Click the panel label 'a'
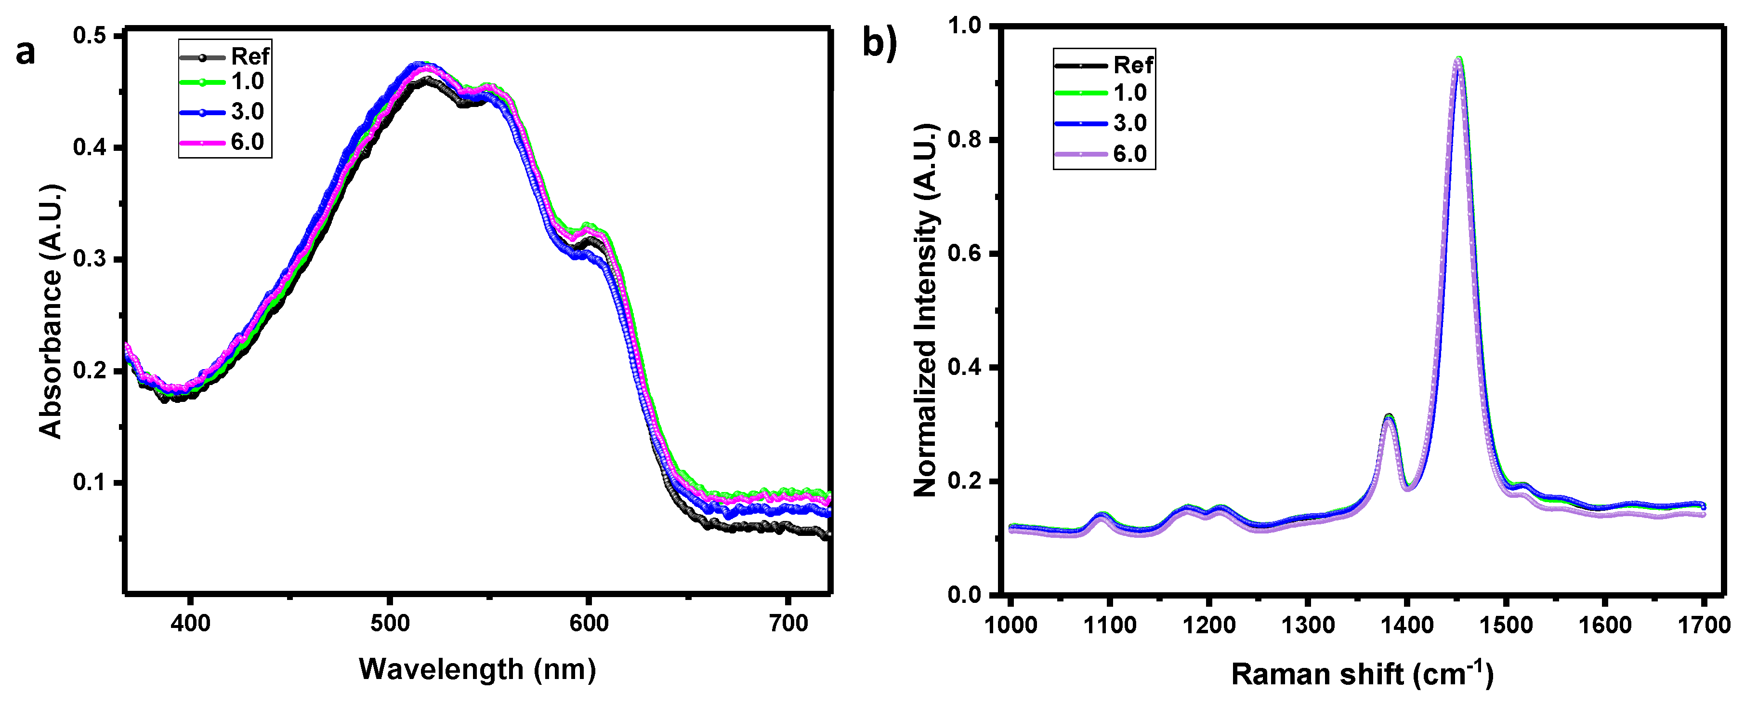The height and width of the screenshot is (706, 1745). point(25,53)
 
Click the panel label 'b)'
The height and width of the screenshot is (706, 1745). point(879,44)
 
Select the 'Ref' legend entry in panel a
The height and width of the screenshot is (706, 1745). point(249,56)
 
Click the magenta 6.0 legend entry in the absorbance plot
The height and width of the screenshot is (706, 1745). point(247,142)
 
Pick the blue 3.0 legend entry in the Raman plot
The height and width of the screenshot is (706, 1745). point(1129,123)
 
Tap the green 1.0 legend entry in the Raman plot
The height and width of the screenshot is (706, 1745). point(1129,93)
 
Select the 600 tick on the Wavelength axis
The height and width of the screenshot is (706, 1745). point(589,623)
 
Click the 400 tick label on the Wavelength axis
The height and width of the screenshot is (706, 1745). point(190,623)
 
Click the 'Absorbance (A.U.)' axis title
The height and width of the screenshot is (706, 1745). point(51,312)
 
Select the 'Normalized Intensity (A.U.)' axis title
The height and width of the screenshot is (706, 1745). point(925,310)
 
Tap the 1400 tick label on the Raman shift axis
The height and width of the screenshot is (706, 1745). point(1407,625)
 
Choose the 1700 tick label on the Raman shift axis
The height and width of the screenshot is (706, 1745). point(1704,625)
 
